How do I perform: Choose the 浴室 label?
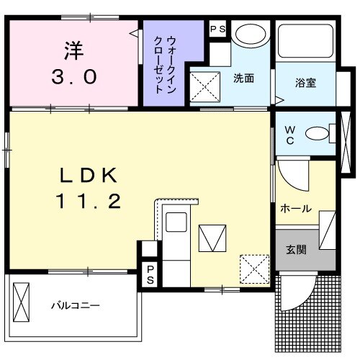pos(305,82)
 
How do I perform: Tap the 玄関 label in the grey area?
pos(296,250)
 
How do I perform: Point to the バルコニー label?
pos(75,305)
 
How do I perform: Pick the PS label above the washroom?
pos(217,29)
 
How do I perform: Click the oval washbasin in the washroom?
pos(251,35)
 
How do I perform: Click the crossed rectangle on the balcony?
pos(22,302)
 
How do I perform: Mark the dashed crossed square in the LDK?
pos(254,268)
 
